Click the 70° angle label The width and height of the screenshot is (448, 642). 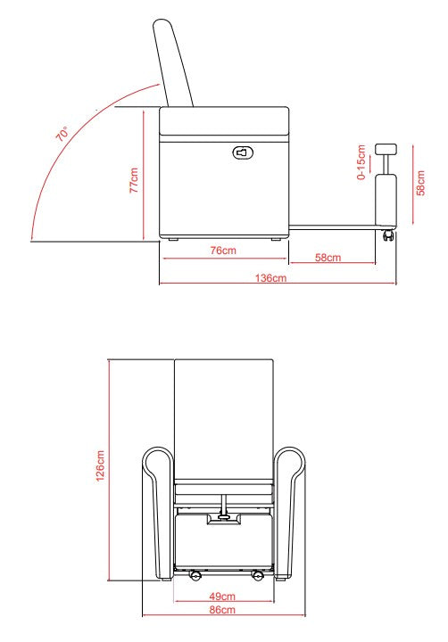point(62,136)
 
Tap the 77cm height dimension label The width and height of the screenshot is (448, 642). point(135,179)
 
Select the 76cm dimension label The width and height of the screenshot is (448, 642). point(222,251)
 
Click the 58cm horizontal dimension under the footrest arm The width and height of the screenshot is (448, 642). point(328,258)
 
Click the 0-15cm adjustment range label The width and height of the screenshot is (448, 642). point(361,163)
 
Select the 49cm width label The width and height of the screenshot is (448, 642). point(222,596)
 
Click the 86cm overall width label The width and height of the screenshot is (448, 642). point(222,610)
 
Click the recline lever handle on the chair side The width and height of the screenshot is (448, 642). point(242,152)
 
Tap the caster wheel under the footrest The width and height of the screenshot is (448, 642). point(388,236)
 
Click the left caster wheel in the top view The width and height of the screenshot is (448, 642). point(192,576)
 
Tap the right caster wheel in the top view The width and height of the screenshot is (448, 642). point(256,576)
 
